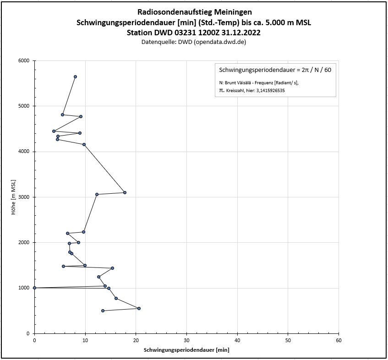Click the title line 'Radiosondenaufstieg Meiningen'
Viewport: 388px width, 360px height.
[194, 12]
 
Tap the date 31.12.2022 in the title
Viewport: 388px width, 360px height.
[242, 33]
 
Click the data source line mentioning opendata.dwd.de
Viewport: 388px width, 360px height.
[194, 42]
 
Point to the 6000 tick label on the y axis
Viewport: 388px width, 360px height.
[23, 60]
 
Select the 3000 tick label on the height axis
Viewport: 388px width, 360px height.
[23, 197]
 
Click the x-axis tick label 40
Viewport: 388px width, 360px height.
[237, 340]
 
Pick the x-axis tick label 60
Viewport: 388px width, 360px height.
[339, 340]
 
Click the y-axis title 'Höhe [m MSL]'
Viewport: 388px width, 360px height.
[14, 197]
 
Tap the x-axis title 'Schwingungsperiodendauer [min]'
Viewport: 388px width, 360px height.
[186, 349]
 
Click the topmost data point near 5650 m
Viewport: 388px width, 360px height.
[75, 76]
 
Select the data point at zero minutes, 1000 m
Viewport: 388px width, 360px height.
[34, 288]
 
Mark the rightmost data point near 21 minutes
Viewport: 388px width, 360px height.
[139, 308]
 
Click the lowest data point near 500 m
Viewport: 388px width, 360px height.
[103, 311]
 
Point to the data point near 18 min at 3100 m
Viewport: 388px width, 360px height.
[125, 192]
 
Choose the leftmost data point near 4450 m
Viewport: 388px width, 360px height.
[54, 131]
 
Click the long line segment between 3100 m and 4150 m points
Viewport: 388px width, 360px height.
[104, 169]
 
